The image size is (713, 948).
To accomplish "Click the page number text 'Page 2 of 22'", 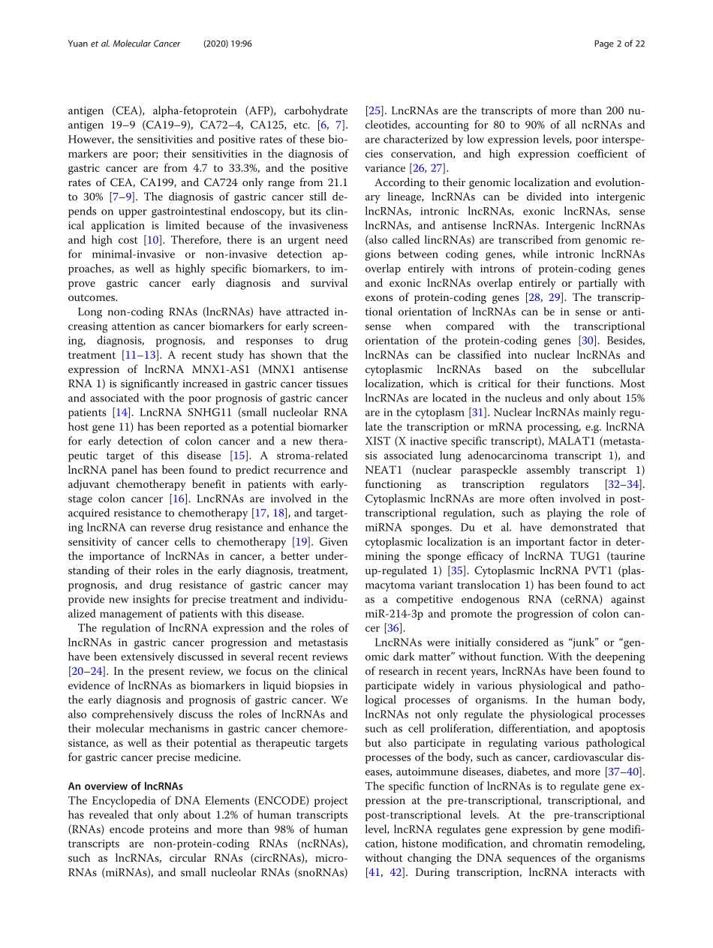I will tap(618, 44).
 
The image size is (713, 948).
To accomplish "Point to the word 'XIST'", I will tap(382, 440).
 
